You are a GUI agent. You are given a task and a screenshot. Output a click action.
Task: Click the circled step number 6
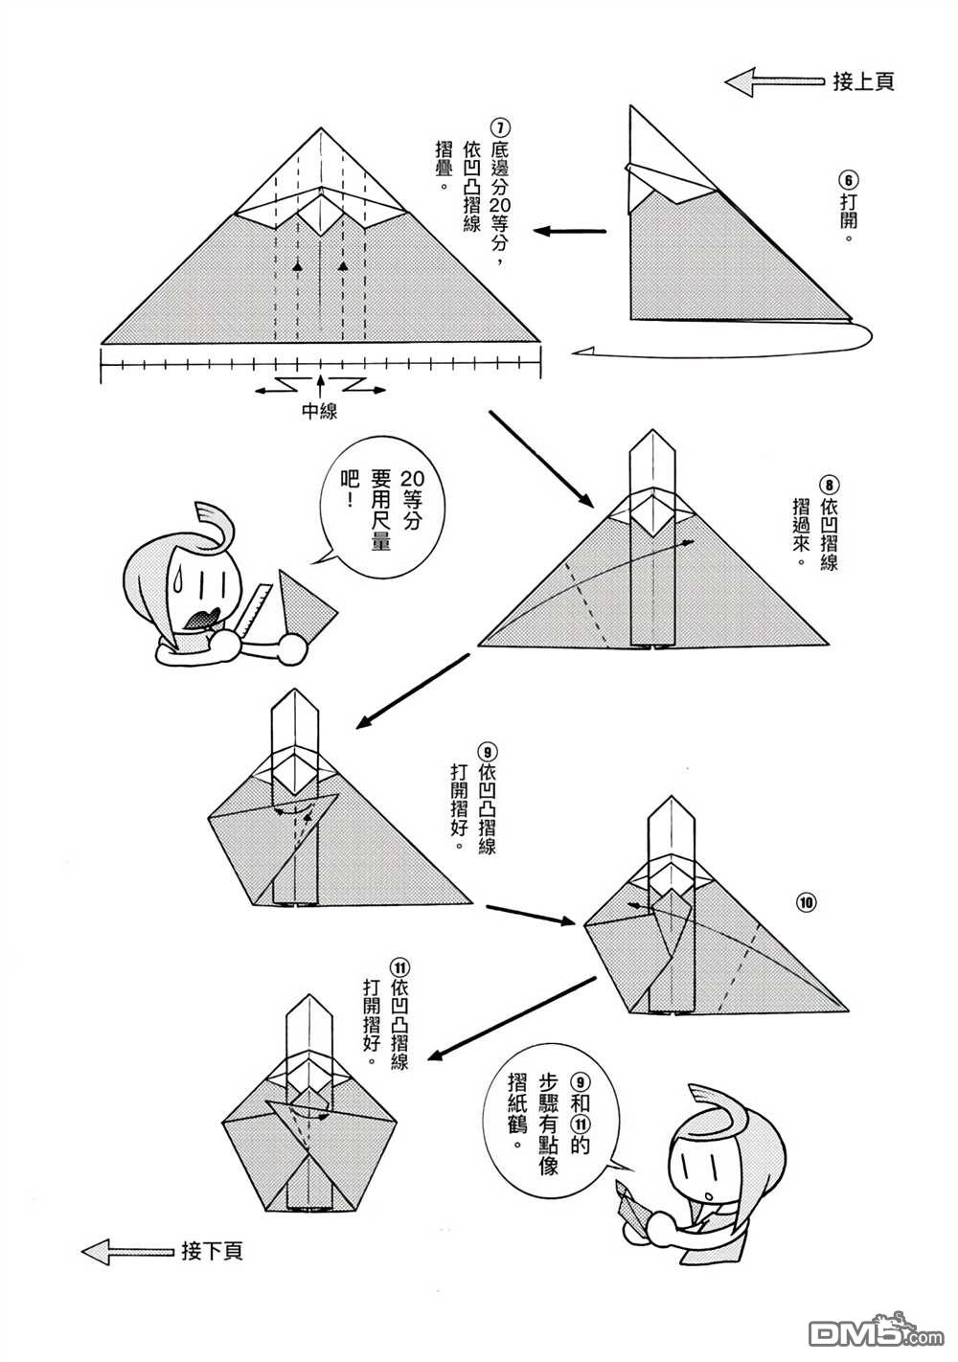coord(848,179)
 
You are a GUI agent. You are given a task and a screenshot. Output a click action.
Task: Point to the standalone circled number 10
coord(805,900)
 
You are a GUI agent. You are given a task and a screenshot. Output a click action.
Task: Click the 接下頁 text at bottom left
coord(212,1251)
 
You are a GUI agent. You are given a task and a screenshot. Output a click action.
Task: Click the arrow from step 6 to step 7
coord(571,231)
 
